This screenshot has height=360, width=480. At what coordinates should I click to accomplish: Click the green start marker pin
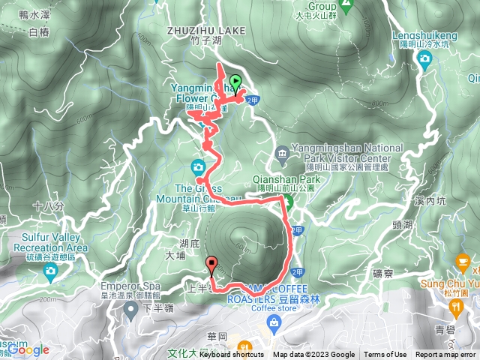pyautogui.click(x=235, y=82)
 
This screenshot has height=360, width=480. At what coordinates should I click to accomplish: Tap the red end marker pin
pyautogui.click(x=212, y=263)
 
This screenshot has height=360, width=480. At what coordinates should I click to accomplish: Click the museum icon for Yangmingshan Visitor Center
pyautogui.click(x=282, y=154)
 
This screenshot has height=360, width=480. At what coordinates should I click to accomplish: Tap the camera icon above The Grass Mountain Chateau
pyautogui.click(x=199, y=166)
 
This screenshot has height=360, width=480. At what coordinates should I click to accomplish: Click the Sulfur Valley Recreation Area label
pyautogui.click(x=50, y=242)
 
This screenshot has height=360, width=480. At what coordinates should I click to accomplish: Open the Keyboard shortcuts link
pyautogui.click(x=232, y=355)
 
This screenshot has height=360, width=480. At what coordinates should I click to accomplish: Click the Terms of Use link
pyautogui.click(x=385, y=355)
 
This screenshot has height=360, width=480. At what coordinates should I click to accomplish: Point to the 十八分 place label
pyautogui.click(x=44, y=205)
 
